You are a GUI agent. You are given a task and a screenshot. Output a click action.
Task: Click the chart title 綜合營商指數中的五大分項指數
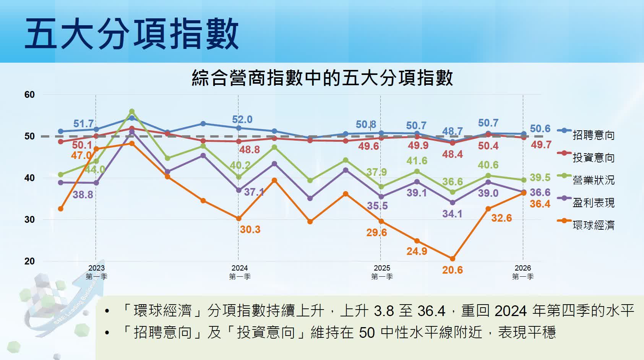[322, 78]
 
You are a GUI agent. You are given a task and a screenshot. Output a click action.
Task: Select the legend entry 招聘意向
[593, 135]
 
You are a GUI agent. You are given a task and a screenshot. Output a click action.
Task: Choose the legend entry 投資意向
[593, 158]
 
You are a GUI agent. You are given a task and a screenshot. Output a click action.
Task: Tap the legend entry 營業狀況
[593, 180]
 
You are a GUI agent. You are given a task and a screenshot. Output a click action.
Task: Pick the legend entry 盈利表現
[593, 203]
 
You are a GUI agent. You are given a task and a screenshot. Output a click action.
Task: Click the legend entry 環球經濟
[593, 225]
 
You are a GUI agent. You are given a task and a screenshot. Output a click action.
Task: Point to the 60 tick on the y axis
[29, 95]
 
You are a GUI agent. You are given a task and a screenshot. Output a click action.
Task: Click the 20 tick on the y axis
[29, 261]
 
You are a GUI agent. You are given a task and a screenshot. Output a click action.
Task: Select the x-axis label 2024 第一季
[240, 272]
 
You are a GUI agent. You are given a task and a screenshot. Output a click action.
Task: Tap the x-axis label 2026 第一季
[523, 272]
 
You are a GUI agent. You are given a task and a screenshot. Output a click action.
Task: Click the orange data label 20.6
[453, 270]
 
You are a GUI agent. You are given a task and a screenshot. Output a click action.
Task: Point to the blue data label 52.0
[242, 120]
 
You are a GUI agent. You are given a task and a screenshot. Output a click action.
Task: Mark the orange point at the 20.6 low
[453, 259]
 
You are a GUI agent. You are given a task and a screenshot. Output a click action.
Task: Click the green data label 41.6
[417, 161]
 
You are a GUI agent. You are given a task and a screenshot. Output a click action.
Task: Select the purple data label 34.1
[453, 214]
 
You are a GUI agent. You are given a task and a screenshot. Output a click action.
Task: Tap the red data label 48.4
[453, 154]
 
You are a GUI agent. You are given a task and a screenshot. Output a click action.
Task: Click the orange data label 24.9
[417, 251]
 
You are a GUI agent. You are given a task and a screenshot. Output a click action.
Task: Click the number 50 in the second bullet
[367, 333]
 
